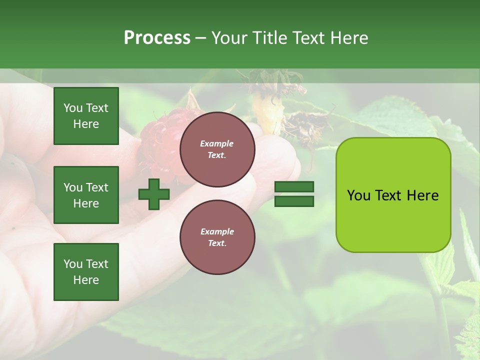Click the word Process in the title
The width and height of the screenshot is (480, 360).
(157, 38)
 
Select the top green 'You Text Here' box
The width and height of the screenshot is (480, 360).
(86, 116)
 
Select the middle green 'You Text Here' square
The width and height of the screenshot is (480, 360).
(86, 195)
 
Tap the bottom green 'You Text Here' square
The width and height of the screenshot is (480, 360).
(86, 272)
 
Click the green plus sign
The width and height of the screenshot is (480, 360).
(154, 194)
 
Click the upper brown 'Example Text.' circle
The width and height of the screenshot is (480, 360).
(217, 149)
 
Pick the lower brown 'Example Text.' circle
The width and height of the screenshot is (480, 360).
(217, 237)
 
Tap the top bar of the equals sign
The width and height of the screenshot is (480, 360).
(294, 187)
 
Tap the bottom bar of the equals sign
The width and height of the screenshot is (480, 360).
(294, 201)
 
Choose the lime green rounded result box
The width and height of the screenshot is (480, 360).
(393, 194)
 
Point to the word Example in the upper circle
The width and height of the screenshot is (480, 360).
(217, 144)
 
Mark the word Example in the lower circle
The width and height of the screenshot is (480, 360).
(217, 232)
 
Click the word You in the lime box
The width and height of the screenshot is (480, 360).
(358, 195)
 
